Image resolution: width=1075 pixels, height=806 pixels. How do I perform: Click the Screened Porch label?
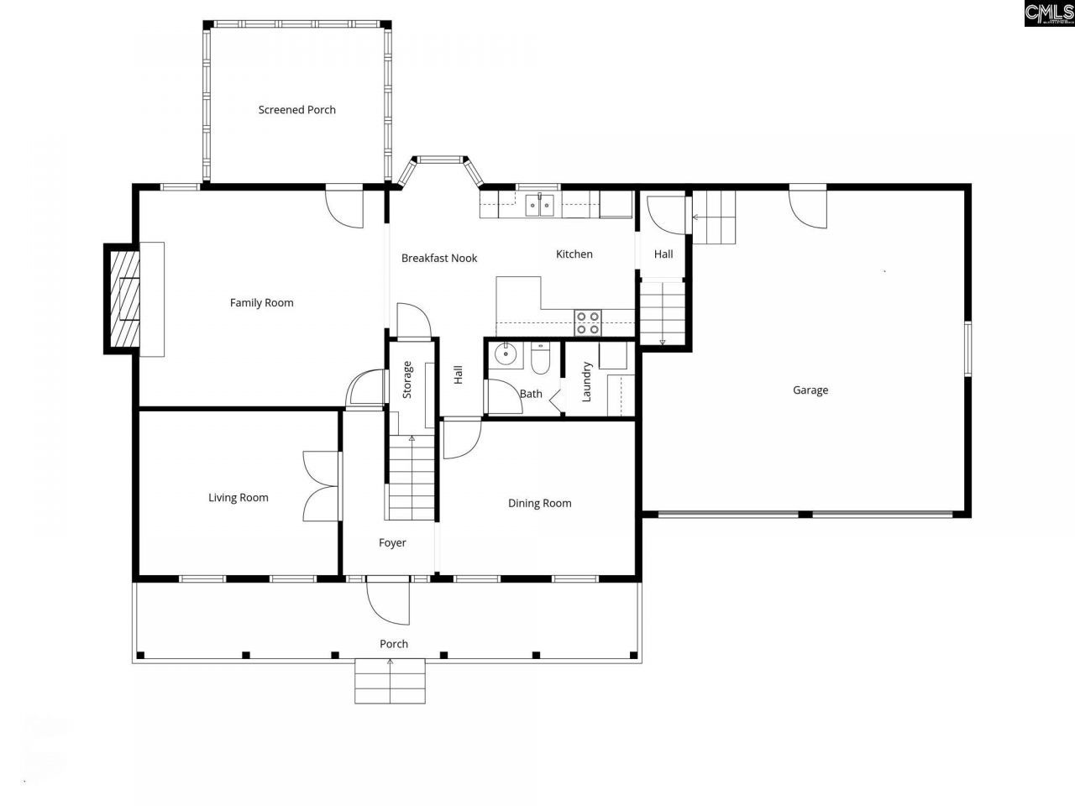(296, 110)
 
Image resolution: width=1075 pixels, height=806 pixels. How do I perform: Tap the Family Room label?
(261, 303)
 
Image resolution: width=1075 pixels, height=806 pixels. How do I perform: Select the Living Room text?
(239, 498)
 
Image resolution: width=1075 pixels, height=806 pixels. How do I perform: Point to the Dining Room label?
(539, 504)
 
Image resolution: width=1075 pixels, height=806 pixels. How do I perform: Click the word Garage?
(810, 390)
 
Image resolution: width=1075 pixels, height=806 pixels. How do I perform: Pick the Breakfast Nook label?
(438, 259)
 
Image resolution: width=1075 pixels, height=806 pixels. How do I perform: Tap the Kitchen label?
(574, 254)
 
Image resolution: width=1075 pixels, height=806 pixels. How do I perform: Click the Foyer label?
(392, 543)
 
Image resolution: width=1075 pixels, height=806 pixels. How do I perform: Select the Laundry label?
(587, 382)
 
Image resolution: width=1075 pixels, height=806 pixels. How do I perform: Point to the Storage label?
(407, 379)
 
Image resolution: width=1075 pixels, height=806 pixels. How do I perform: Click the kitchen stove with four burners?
(588, 322)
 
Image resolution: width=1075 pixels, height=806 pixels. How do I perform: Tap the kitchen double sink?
(539, 204)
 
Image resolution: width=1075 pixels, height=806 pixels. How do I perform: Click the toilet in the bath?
(540, 359)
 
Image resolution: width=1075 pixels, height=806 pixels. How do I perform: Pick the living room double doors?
(322, 486)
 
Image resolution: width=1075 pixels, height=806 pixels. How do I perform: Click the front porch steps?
(391, 681)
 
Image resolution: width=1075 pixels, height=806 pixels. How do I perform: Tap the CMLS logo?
(1048, 13)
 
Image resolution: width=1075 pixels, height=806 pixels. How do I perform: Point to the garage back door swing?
(806, 207)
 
